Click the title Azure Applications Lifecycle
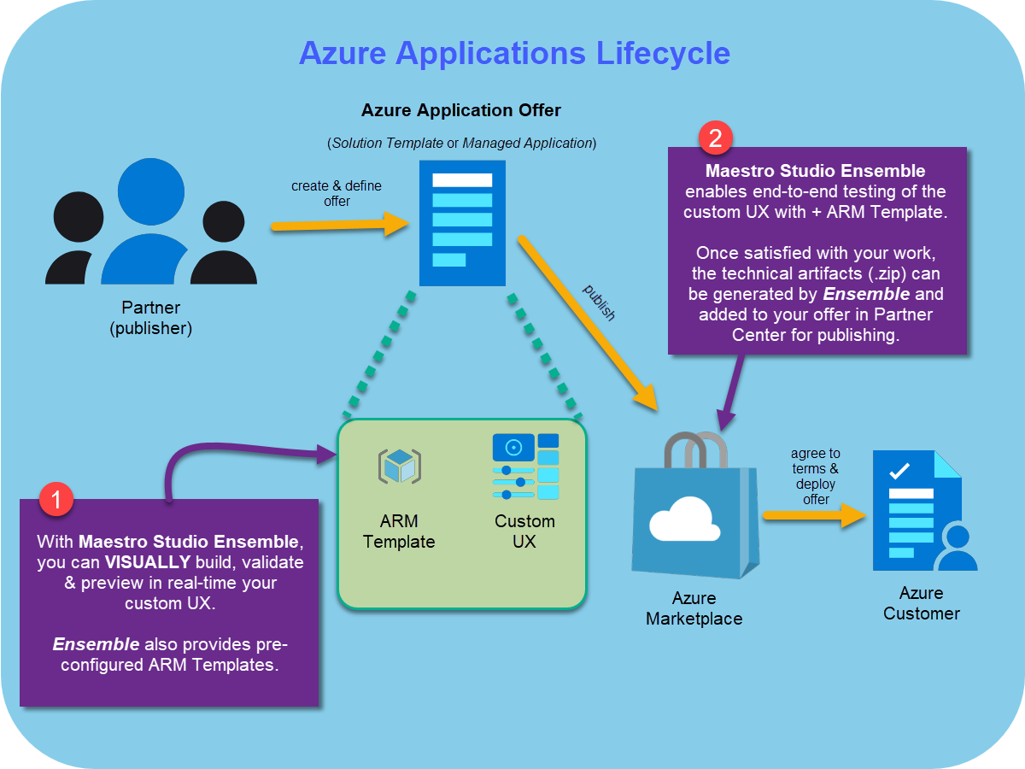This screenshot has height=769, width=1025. coord(514,53)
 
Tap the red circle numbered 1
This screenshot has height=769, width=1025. coord(56,500)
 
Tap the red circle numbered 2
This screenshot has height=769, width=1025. coord(716,138)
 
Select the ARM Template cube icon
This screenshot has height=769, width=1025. coord(399,467)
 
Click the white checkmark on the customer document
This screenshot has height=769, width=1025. coord(899,470)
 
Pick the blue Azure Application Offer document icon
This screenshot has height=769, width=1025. coord(462,223)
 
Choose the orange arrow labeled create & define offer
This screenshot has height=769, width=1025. coord(337,226)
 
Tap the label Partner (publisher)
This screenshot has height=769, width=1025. coord(151,318)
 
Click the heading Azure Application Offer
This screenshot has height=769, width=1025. coord(461,110)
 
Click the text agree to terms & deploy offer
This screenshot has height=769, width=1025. coord(815,476)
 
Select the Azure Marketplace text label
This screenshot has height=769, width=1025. coord(694,608)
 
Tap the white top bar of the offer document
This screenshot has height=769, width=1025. coord(462,180)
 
